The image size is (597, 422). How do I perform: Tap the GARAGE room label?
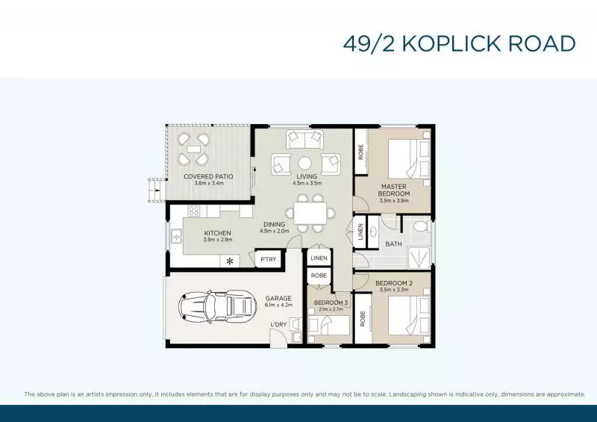pyautogui.click(x=278, y=298)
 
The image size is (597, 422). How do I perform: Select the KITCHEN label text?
pyautogui.click(x=218, y=233)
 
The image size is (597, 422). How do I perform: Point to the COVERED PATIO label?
pyautogui.click(x=208, y=176)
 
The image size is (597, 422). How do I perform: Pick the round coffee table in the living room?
pyautogui.click(x=306, y=163)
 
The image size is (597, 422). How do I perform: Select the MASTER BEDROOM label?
pyautogui.click(x=395, y=190)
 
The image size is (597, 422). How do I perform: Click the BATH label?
pyautogui.click(x=393, y=243)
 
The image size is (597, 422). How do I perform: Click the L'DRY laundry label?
pyautogui.click(x=278, y=323)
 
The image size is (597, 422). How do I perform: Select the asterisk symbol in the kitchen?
pyautogui.click(x=230, y=261)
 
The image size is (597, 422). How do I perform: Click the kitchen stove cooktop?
pyautogui.click(x=194, y=211)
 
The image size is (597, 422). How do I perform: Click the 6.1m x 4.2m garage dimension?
pyautogui.click(x=278, y=305)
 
